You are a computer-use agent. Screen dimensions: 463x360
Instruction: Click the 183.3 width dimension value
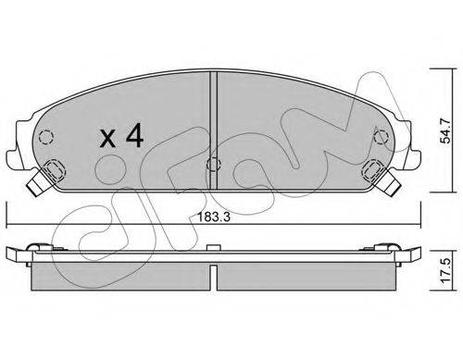[214, 217]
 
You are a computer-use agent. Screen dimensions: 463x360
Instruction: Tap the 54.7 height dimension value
[445, 130]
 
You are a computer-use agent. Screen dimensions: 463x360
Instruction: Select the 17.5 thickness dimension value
[445, 271]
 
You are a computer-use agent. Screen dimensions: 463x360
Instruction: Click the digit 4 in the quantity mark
[134, 135]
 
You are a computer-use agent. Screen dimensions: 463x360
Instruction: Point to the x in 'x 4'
[107, 138]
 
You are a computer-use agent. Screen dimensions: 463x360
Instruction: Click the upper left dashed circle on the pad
[46, 136]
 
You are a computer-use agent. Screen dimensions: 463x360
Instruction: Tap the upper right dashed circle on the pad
[381, 137]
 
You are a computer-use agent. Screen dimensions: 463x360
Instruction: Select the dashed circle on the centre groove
[213, 164]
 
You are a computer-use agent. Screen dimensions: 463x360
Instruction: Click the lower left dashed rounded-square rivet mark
[56, 169]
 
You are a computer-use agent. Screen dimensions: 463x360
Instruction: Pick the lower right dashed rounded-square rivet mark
[372, 169]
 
